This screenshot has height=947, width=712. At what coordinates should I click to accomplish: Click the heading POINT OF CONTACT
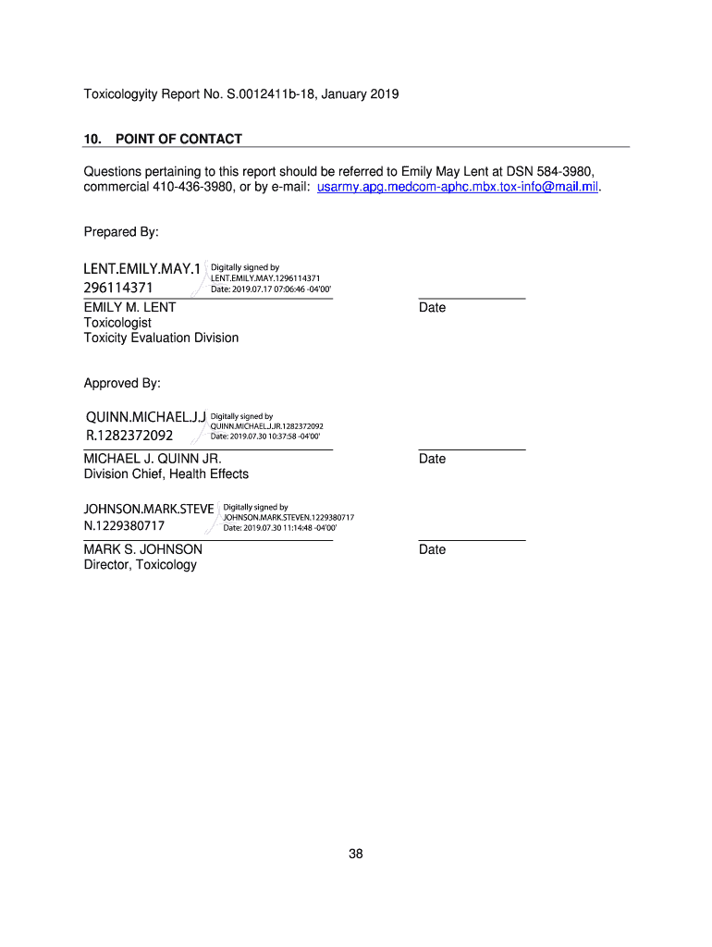(x=178, y=139)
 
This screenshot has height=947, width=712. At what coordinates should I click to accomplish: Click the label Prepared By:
(x=122, y=231)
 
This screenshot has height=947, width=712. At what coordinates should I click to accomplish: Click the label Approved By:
(x=122, y=383)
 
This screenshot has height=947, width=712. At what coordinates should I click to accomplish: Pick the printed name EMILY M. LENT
(x=130, y=307)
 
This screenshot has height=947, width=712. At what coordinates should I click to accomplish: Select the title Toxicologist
(x=117, y=323)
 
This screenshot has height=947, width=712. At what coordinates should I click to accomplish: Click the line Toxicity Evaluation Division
(x=161, y=338)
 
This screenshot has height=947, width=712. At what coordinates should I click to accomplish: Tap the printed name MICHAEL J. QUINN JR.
(x=153, y=459)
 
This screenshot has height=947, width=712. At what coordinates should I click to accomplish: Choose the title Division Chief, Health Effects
(x=166, y=473)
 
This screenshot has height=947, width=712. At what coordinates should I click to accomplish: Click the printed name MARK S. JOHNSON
(x=143, y=549)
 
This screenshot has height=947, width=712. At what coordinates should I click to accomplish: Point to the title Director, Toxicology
(x=141, y=564)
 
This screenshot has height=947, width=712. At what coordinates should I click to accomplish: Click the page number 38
(x=356, y=854)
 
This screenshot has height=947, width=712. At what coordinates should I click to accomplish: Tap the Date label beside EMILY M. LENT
(x=432, y=307)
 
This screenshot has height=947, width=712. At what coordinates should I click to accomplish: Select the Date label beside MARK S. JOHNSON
(x=432, y=549)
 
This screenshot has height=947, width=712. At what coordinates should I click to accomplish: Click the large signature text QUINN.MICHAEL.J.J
(x=145, y=417)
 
